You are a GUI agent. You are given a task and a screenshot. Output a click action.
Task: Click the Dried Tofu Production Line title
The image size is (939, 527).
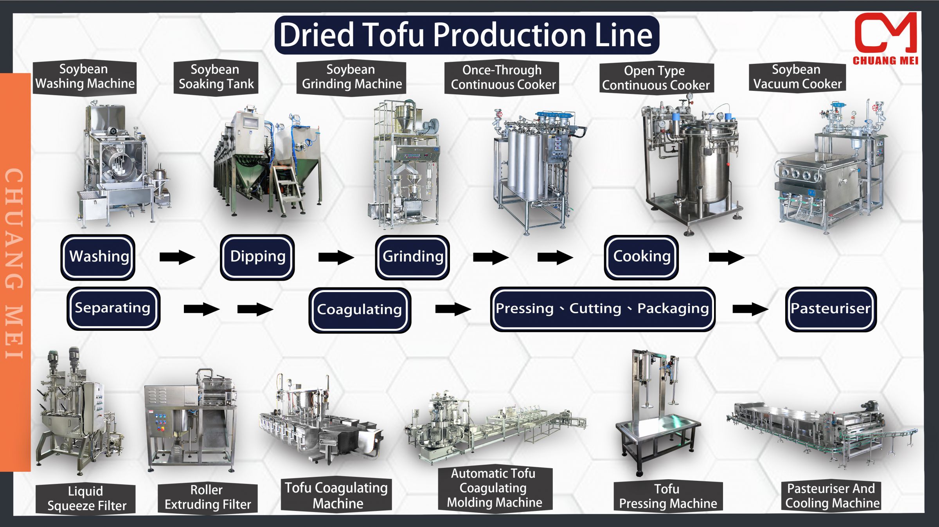point(466,35)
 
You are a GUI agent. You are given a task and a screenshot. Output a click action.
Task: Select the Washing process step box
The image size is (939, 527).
point(98,257)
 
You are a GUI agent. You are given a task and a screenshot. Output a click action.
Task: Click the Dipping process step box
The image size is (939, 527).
point(257,257)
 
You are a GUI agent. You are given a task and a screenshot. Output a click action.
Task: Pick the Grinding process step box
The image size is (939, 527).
point(412,257)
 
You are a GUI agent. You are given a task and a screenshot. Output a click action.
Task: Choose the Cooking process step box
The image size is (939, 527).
point(641,257)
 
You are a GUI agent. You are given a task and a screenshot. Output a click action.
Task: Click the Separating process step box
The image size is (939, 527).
point(113,308)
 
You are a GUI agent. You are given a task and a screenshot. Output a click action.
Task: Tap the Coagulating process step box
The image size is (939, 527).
point(360,310)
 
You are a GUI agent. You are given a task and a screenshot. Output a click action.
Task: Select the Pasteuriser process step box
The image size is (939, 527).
point(831,309)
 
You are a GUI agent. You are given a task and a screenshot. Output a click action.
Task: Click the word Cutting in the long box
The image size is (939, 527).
point(595,309)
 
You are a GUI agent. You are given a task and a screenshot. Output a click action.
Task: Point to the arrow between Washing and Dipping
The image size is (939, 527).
point(177,257)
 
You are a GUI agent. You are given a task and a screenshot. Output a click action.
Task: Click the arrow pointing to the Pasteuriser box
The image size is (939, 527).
point(750,309)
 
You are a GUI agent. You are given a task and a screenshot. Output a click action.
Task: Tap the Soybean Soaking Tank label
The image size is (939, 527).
point(216,77)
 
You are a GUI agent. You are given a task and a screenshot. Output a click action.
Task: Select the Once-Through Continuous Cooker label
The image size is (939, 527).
point(502,78)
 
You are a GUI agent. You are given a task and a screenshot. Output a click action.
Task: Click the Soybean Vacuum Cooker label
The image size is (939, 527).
point(797,77)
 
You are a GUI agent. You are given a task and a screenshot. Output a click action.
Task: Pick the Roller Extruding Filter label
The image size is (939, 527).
point(207,497)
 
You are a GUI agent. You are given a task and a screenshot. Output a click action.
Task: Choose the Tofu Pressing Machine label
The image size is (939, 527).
point(668,496)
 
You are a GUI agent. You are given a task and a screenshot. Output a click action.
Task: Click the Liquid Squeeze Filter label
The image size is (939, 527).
point(86,498)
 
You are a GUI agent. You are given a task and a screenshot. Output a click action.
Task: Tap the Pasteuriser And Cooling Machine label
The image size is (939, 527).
point(831,496)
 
